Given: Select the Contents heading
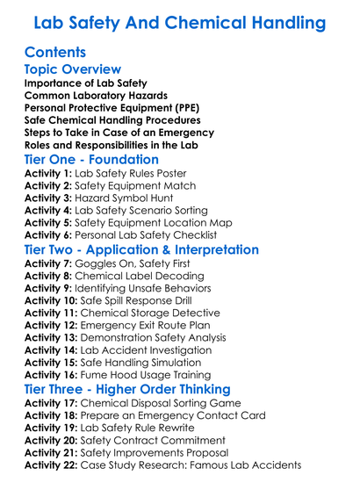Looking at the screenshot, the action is [x=55, y=52].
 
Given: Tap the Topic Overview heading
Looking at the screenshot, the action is [x=72, y=69].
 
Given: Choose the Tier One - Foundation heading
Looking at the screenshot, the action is [x=91, y=160].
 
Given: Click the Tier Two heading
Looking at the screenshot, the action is [x=141, y=250].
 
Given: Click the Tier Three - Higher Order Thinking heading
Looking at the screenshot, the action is [x=126, y=389].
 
